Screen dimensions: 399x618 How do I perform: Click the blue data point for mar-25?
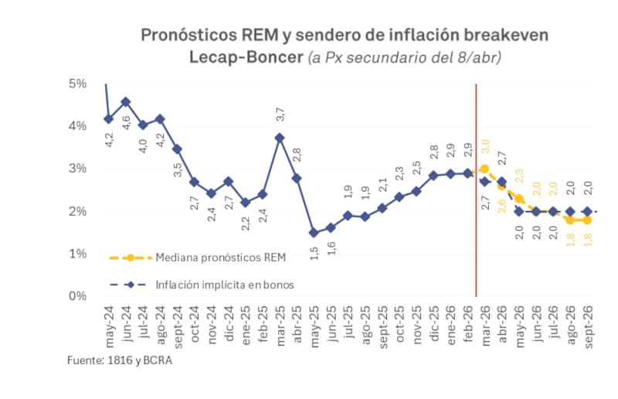(x=280, y=138)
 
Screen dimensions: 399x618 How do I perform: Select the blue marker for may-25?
(x=314, y=232)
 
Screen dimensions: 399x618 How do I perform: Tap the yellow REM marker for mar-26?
(x=484, y=169)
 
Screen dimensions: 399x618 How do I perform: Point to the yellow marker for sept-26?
(x=586, y=220)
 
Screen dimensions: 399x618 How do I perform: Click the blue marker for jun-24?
(x=126, y=101)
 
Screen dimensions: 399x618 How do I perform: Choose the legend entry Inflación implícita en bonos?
(x=225, y=285)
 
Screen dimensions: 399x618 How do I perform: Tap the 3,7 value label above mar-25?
(x=280, y=114)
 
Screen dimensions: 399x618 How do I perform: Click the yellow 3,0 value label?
(x=485, y=145)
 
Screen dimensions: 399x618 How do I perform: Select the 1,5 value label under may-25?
(x=314, y=253)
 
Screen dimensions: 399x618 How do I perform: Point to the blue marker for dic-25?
(x=433, y=176)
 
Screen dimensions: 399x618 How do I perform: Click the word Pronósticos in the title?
(x=188, y=35)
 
